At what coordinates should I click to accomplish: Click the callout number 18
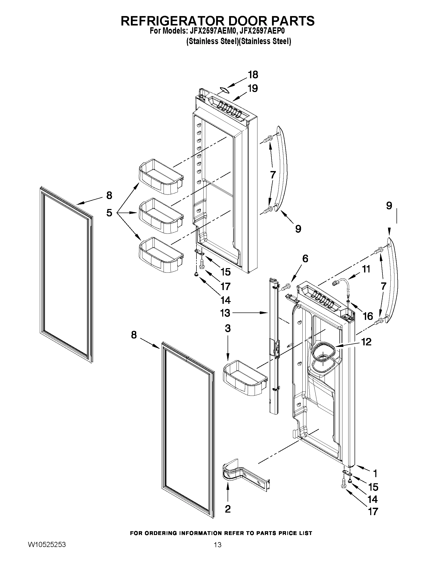[x=253, y=75]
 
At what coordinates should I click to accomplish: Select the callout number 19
[x=253, y=88]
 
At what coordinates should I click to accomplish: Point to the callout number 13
[x=225, y=313]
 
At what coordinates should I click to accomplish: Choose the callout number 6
[x=305, y=259]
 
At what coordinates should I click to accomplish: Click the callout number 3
[x=228, y=329]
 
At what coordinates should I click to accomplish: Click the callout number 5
[x=109, y=213]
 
